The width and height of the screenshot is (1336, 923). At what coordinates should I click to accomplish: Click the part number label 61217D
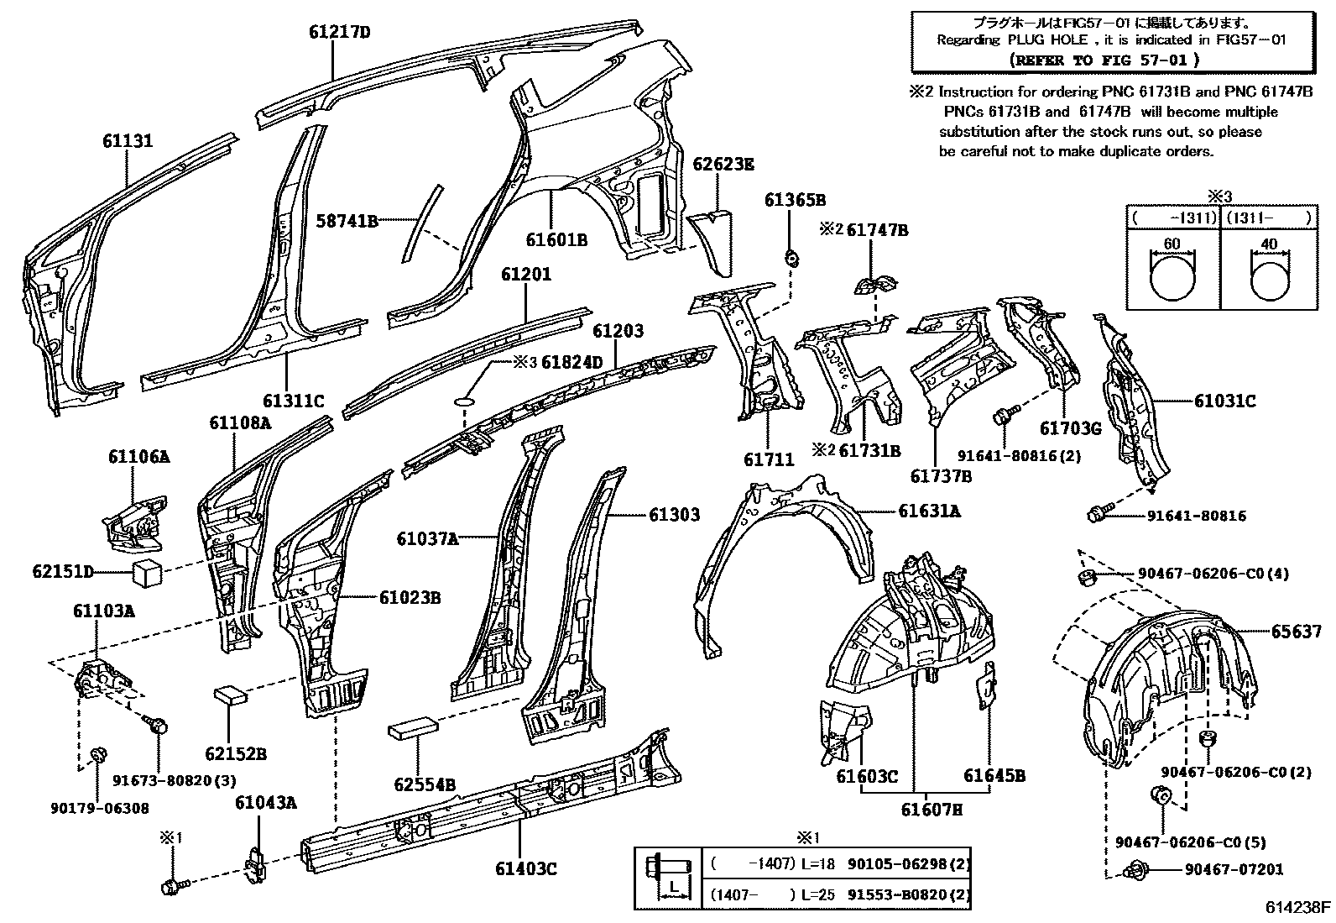pyautogui.click(x=339, y=33)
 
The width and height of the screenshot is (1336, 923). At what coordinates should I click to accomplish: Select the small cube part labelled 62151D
pyautogui.click(x=147, y=575)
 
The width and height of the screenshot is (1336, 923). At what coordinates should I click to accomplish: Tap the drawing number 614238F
pyautogui.click(x=1297, y=907)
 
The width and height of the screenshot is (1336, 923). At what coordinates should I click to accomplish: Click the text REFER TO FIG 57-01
pyautogui.click(x=1104, y=60)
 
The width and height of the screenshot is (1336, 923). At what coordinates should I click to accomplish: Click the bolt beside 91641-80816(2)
pyautogui.click(x=1005, y=414)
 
